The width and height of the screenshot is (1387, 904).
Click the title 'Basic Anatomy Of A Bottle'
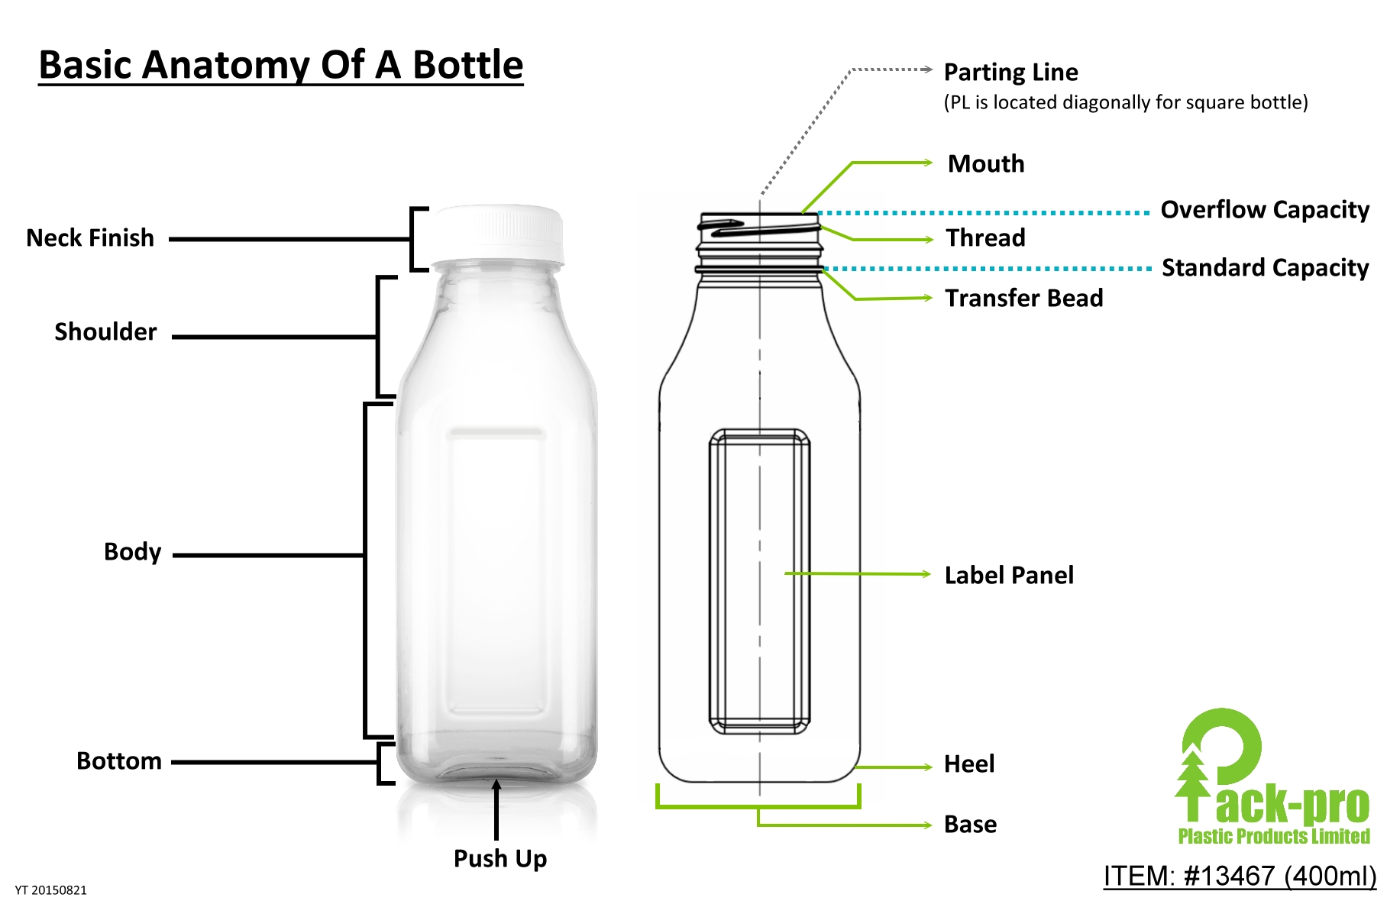[x=280, y=65]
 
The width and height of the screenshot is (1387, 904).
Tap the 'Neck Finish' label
[x=90, y=238]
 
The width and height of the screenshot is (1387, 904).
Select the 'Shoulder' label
[x=105, y=332]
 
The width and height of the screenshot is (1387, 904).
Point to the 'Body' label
[x=132, y=552]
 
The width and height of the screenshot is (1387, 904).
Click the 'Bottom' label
[x=119, y=761]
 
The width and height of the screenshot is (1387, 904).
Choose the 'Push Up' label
[x=500, y=859]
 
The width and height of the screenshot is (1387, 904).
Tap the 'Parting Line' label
[x=1010, y=73]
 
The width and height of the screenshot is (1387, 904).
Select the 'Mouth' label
[x=986, y=164]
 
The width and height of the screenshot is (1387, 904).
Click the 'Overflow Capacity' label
[x=1265, y=210]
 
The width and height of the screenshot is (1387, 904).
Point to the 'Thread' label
[x=985, y=238]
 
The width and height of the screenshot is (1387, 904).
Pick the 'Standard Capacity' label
[x=1265, y=268]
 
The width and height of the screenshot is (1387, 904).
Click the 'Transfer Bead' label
[x=1023, y=298]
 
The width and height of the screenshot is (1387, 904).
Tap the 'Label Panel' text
[x=1009, y=576]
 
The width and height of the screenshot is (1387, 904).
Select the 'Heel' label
[x=969, y=764]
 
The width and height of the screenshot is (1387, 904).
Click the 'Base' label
[x=970, y=825]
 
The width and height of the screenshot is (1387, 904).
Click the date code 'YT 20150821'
[x=51, y=890]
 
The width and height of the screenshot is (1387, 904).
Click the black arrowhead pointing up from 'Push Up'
[x=496, y=785]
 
